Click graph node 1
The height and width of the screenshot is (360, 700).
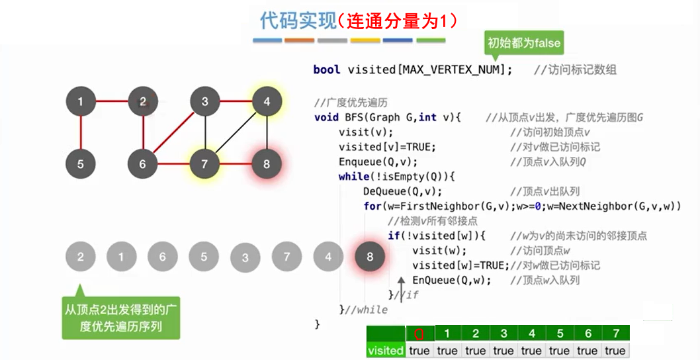pyautogui.click(x=81, y=102)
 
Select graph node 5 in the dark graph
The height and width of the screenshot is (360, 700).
pyautogui.click(x=81, y=163)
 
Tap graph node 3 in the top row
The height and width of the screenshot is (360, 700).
pyautogui.click(x=204, y=102)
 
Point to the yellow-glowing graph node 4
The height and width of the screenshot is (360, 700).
pyautogui.click(x=267, y=102)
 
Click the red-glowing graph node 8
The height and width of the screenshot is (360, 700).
pyautogui.click(x=267, y=163)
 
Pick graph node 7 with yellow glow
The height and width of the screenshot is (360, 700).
pyautogui.click(x=204, y=163)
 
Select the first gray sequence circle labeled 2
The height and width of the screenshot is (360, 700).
pyautogui.click(x=81, y=257)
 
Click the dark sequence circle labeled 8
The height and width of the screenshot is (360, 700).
pyautogui.click(x=370, y=257)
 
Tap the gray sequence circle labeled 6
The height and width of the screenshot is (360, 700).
pyautogui.click(x=163, y=257)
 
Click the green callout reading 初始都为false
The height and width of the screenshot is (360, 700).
pyautogui.click(x=523, y=44)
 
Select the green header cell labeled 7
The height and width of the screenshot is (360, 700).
pyautogui.click(x=615, y=334)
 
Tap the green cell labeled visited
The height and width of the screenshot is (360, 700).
pyautogui.click(x=385, y=350)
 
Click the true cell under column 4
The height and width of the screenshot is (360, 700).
pyautogui.click(x=531, y=350)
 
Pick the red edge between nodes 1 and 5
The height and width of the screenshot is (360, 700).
pyautogui.click(x=81, y=132)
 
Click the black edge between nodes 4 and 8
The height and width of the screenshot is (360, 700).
pyautogui.click(x=267, y=132)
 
